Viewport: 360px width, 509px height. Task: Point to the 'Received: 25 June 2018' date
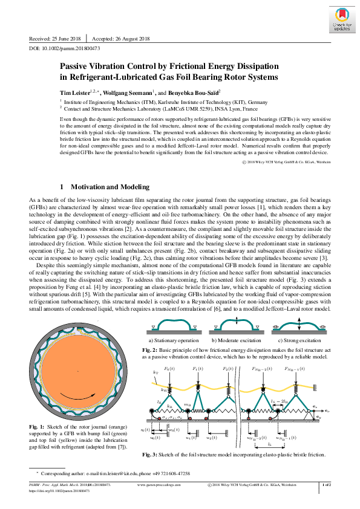click(x=55, y=38)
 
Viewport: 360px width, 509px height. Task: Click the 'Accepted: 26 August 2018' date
click(x=125, y=38)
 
